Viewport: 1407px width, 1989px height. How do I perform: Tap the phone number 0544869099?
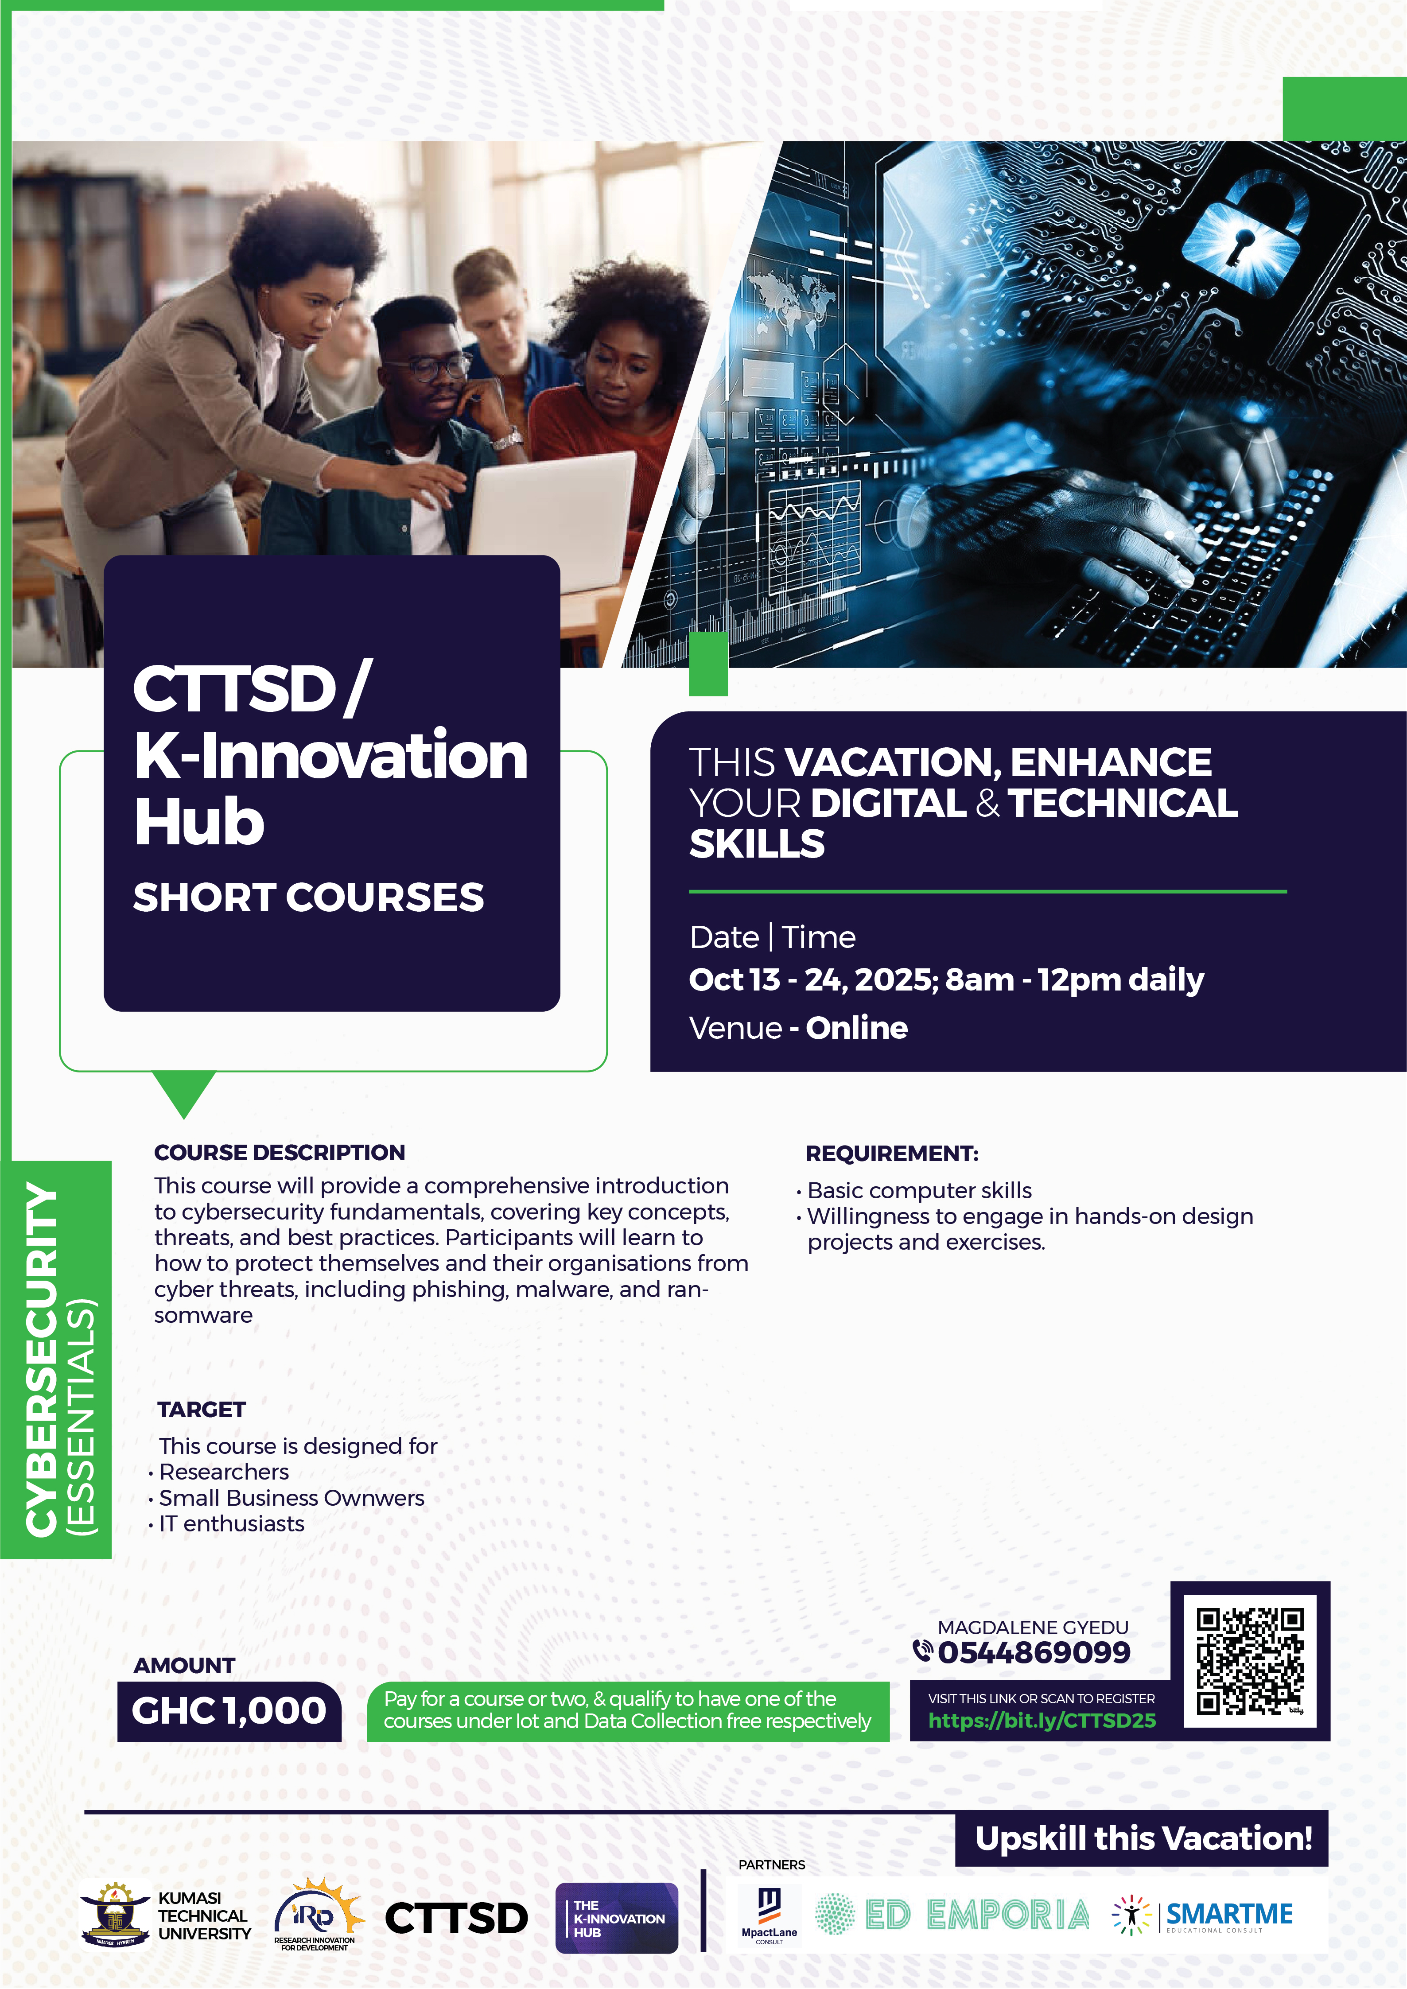(1034, 1652)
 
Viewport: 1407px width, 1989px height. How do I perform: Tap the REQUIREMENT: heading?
(891, 1153)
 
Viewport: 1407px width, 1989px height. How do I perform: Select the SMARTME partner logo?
(1203, 1915)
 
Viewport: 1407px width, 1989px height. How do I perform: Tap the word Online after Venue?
(857, 1027)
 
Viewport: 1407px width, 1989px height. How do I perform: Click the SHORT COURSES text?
(308, 897)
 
